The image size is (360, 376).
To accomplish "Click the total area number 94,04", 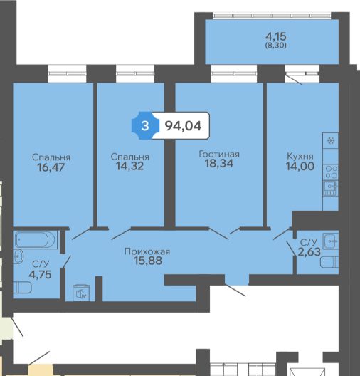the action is [x=184, y=126].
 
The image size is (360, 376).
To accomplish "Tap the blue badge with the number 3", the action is [x=145, y=125].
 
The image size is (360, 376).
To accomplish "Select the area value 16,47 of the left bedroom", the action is [x=51, y=167].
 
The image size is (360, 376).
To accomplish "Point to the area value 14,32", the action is [x=129, y=166].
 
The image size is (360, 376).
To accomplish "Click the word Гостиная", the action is [x=219, y=154].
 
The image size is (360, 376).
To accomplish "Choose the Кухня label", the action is [x=300, y=157].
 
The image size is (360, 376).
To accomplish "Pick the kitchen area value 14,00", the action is [x=300, y=166].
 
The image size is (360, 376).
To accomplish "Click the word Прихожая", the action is [x=147, y=251].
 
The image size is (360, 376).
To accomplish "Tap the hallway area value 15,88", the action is [x=148, y=261].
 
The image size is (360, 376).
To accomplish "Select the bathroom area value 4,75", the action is [x=41, y=275].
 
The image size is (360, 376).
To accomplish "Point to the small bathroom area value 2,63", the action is [x=309, y=252].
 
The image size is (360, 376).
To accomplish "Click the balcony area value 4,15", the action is [x=276, y=37].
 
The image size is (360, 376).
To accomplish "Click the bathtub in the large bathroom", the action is [x=35, y=239].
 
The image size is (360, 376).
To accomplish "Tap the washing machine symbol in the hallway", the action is [x=81, y=293].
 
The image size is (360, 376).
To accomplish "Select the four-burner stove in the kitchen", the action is [x=331, y=172].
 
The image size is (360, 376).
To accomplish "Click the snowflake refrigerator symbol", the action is [x=331, y=140].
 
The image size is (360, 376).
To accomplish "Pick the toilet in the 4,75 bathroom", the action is [x=22, y=288].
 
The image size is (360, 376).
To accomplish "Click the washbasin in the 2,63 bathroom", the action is [x=331, y=241].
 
